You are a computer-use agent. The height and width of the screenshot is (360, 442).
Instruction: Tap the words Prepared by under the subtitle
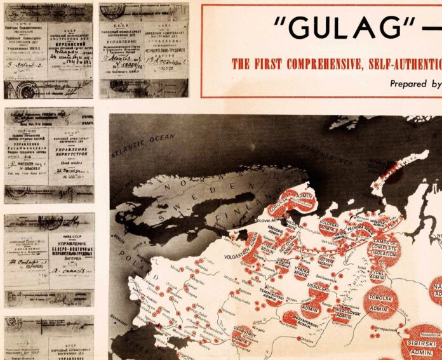[414, 83]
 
